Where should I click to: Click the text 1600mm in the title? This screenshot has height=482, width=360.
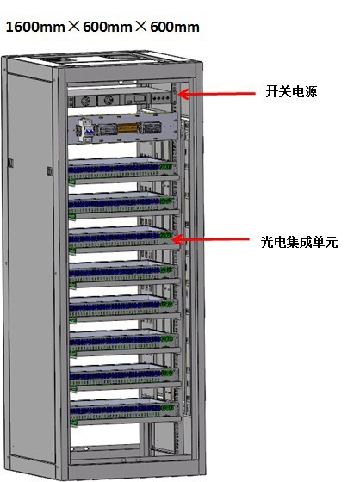point(35,27)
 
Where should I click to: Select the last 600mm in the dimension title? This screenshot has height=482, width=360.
point(175,27)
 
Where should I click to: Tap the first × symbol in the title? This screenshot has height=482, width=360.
point(74,27)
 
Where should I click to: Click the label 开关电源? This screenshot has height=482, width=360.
point(291,91)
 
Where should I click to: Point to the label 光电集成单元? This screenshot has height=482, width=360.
point(299,242)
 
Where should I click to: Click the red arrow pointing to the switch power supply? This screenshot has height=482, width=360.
point(217,94)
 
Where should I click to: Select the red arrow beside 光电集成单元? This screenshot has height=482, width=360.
point(211,239)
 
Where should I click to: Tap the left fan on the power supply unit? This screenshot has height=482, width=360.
point(84,101)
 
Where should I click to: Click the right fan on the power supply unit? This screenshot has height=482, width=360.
point(108,100)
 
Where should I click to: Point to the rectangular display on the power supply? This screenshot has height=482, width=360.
point(140,99)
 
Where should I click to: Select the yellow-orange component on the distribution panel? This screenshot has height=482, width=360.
point(127,127)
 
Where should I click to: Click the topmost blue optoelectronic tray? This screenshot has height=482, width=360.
point(122,171)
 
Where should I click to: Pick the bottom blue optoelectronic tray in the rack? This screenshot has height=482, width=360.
point(125,412)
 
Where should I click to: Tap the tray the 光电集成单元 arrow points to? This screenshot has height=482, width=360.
point(123,240)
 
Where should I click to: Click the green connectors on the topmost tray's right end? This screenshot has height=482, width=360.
point(165,166)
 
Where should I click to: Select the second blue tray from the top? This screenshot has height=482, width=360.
point(123,206)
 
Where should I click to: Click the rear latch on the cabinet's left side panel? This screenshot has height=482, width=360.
point(10,163)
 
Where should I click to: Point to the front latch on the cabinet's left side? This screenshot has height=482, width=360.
point(50,171)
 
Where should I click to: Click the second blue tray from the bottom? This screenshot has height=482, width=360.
point(124,378)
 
